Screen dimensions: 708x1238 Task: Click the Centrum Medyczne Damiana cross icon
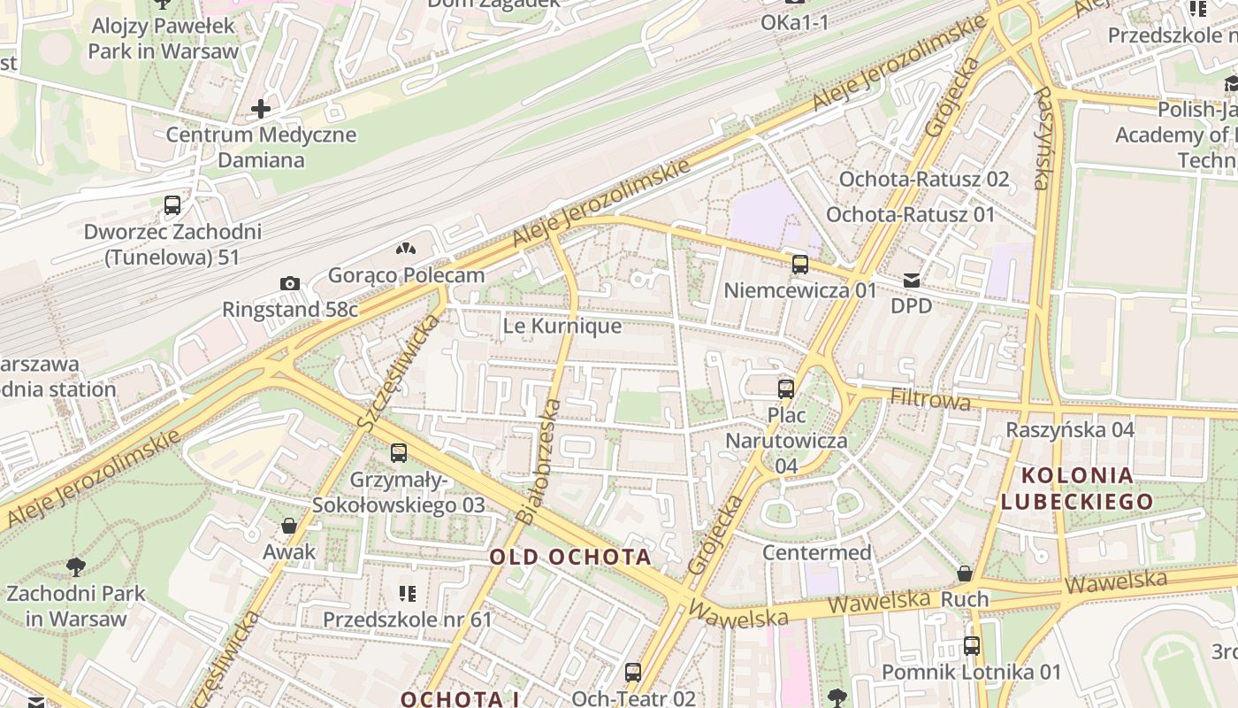click(261, 109)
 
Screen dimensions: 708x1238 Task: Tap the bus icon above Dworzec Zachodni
click(172, 205)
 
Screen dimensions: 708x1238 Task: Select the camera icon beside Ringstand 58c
click(289, 283)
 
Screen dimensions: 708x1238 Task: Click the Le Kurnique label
click(562, 326)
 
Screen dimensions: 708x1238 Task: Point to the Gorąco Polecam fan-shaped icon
click(406, 250)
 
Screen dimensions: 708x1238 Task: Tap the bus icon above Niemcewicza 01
click(800, 264)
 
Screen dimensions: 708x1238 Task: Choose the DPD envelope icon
click(911, 281)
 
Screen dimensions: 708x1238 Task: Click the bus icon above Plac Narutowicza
click(786, 389)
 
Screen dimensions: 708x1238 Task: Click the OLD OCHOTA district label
click(570, 557)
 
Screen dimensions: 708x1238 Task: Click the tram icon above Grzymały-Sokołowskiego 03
click(399, 453)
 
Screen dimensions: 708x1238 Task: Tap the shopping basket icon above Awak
click(288, 526)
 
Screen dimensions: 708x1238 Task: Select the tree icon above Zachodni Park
click(76, 566)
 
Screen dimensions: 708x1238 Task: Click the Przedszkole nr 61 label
click(407, 619)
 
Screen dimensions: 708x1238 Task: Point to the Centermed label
click(816, 553)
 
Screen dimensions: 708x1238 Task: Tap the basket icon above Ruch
click(965, 573)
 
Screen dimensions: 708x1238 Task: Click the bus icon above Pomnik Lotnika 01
click(972, 646)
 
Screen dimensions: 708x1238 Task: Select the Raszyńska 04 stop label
click(1070, 429)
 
